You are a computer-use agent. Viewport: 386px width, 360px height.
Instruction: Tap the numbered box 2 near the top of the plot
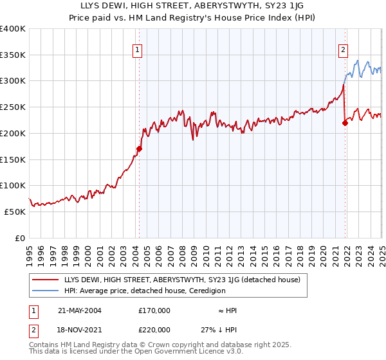344,50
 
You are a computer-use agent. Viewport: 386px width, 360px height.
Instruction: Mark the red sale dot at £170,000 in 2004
139,148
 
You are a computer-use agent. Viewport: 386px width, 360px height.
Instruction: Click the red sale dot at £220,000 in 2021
345,122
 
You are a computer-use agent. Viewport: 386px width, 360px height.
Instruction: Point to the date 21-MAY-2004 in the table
80,310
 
